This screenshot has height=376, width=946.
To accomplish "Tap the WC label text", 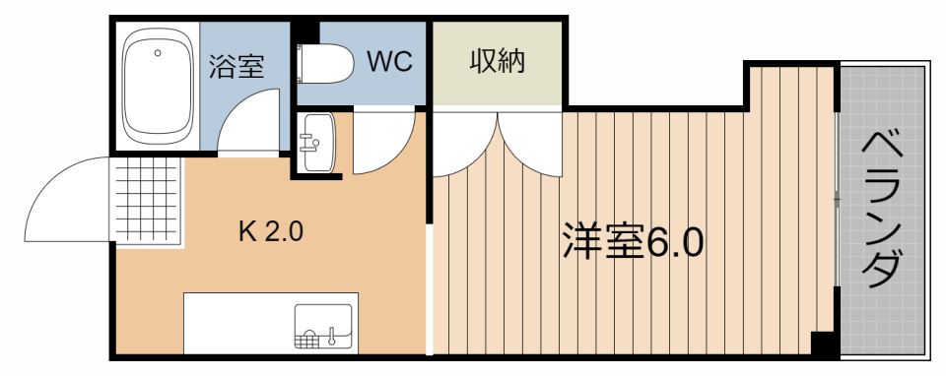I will click(x=388, y=61).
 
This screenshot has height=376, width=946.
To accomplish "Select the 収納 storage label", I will click(x=496, y=61).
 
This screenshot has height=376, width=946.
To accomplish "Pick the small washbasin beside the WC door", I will click(x=317, y=142).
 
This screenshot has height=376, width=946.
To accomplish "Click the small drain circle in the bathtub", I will click(x=157, y=52).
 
